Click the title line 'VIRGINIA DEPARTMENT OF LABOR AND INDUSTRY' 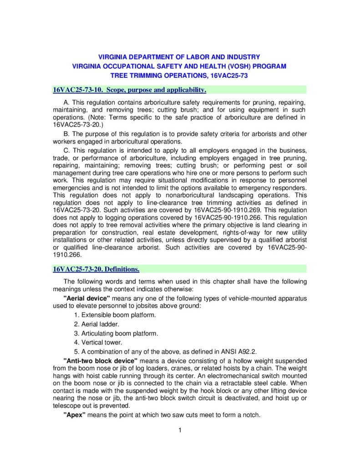(179, 57)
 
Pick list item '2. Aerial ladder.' (96, 324)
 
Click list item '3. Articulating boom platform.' (116, 333)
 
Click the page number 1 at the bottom (180, 431)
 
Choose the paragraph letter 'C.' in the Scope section (67, 151)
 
